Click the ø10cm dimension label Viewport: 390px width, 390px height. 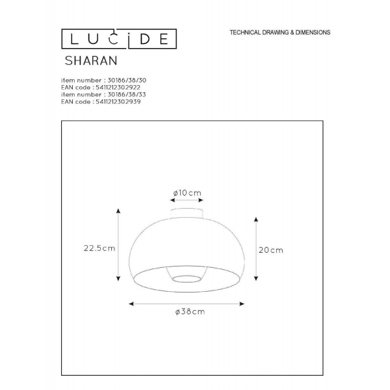point(187,193)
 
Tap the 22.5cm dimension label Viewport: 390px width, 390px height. point(99,248)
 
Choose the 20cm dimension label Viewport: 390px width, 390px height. point(271,250)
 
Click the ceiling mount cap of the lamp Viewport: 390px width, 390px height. point(187,213)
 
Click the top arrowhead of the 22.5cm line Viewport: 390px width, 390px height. point(118,211)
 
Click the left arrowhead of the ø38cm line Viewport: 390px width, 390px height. point(131,303)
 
